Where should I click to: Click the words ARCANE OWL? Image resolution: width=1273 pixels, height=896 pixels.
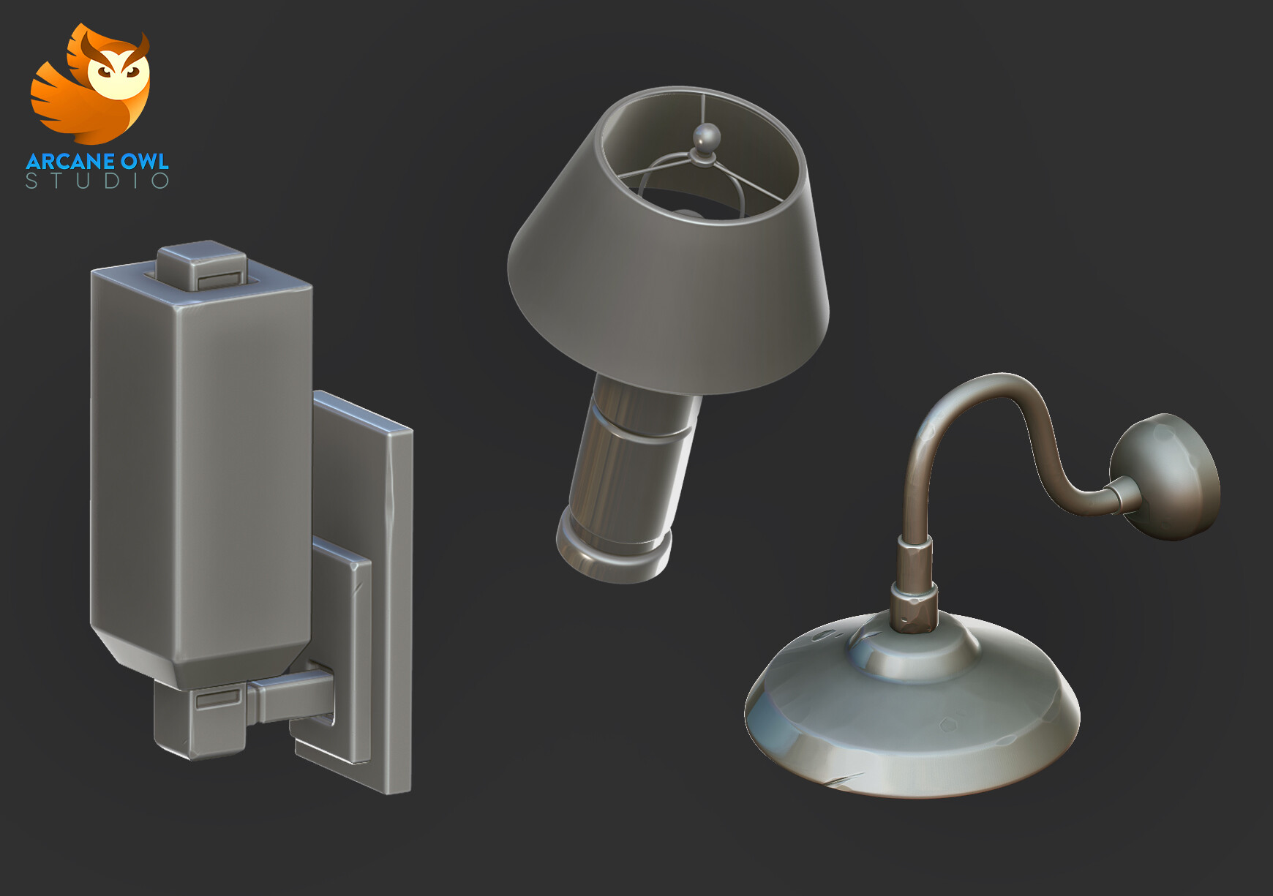(x=97, y=161)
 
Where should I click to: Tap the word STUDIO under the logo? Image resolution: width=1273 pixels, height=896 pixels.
(x=97, y=181)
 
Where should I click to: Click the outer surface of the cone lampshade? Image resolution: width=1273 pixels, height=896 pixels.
(x=658, y=307)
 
